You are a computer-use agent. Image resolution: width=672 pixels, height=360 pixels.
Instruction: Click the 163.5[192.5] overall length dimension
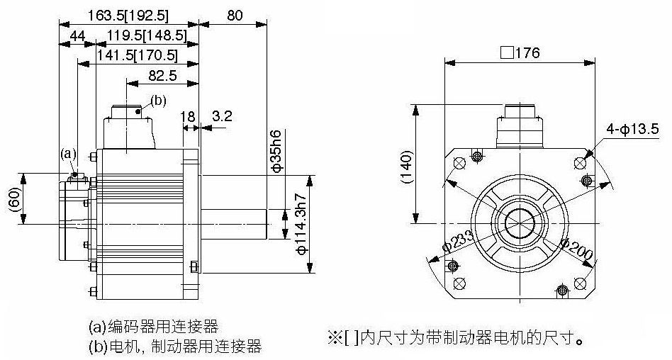pyautogui.click(x=128, y=16)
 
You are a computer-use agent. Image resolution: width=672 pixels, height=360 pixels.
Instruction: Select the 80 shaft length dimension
pyautogui.click(x=235, y=16)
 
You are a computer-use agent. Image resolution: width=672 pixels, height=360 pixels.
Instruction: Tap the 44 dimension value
pyautogui.click(x=77, y=36)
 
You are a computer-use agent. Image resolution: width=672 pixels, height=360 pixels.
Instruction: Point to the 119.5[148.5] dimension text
pyautogui.click(x=147, y=36)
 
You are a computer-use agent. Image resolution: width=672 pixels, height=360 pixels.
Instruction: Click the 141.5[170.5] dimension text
pyautogui.click(x=137, y=56)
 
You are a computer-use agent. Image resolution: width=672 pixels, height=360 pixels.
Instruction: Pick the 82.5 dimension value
pyautogui.click(x=162, y=76)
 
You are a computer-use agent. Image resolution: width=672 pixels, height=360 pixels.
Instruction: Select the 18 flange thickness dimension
pyautogui.click(x=187, y=116)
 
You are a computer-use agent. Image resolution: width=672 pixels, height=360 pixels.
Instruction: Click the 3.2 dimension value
pyautogui.click(x=222, y=116)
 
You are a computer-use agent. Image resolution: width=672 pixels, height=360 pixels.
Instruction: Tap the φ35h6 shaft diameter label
pyautogui.click(x=276, y=150)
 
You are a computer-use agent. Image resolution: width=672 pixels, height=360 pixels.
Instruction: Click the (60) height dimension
pyautogui.click(x=13, y=199)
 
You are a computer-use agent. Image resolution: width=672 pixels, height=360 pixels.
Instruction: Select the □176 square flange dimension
pyautogui.click(x=520, y=52)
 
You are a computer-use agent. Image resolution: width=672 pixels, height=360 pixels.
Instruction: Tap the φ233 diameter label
pyautogui.click(x=458, y=242)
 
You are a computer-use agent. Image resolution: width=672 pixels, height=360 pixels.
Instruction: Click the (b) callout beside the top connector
pyautogui.click(x=159, y=101)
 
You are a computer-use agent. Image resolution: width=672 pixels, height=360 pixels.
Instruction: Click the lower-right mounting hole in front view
pyautogui.click(x=580, y=283)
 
